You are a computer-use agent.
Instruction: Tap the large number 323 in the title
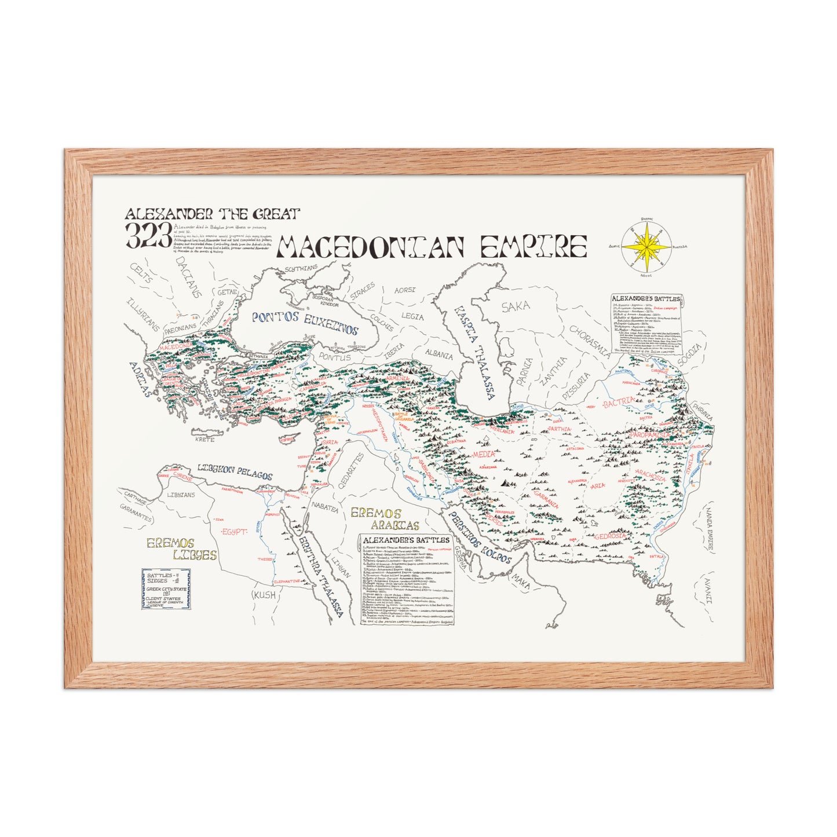point(148,235)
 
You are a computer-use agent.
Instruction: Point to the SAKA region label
point(515,308)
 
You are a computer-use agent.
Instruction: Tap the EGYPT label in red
point(235,532)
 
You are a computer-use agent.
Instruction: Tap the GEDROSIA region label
point(611,536)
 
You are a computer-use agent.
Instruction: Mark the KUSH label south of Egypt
point(264,595)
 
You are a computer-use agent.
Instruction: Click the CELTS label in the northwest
point(142,276)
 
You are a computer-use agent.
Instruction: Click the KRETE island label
point(204,439)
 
